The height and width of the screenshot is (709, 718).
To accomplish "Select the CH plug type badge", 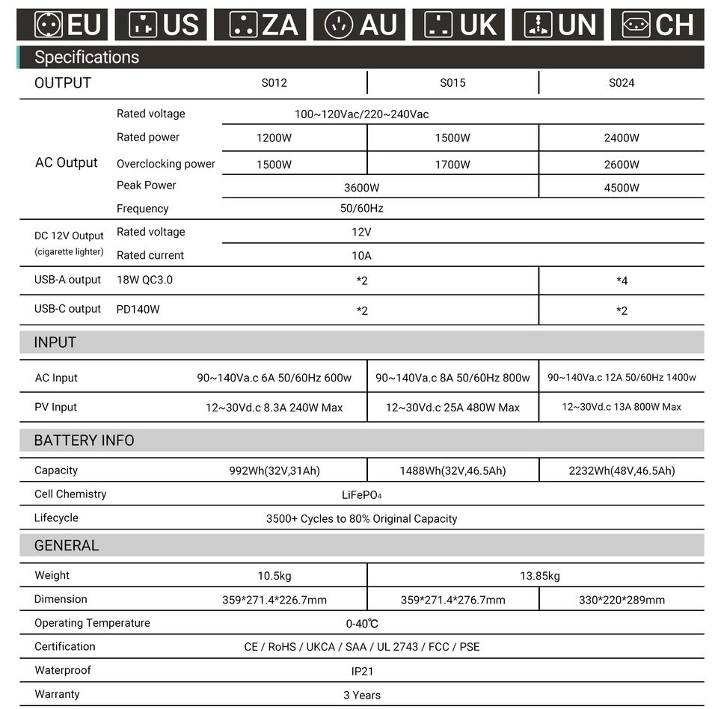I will [x=657, y=25].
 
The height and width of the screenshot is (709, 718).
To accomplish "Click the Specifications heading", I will [x=87, y=57].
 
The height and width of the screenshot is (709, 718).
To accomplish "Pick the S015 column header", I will [x=452, y=83].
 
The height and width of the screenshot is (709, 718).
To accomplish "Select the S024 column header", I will [x=622, y=83].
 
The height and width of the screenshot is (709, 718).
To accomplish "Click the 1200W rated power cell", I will [x=274, y=138].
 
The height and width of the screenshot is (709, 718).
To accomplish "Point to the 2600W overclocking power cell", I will [x=622, y=165].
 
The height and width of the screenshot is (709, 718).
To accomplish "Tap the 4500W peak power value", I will [x=622, y=188].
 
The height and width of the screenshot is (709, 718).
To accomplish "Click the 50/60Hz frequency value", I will [x=361, y=209].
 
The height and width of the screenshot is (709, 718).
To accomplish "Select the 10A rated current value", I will [x=361, y=256].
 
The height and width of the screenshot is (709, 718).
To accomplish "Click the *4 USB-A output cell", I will [x=622, y=281].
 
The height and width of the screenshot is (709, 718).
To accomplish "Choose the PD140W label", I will [x=138, y=309].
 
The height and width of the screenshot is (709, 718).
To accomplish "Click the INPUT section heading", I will [x=55, y=343].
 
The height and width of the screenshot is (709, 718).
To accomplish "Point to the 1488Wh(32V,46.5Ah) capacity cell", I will [x=452, y=471].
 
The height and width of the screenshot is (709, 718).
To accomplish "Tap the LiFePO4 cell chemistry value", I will [x=362, y=495].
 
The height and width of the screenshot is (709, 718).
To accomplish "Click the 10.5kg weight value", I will [x=274, y=576].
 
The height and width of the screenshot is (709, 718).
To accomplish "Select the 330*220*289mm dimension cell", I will [x=622, y=600].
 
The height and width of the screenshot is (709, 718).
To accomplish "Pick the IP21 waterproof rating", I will [x=362, y=672].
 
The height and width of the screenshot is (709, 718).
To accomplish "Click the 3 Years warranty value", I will [x=362, y=696].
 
